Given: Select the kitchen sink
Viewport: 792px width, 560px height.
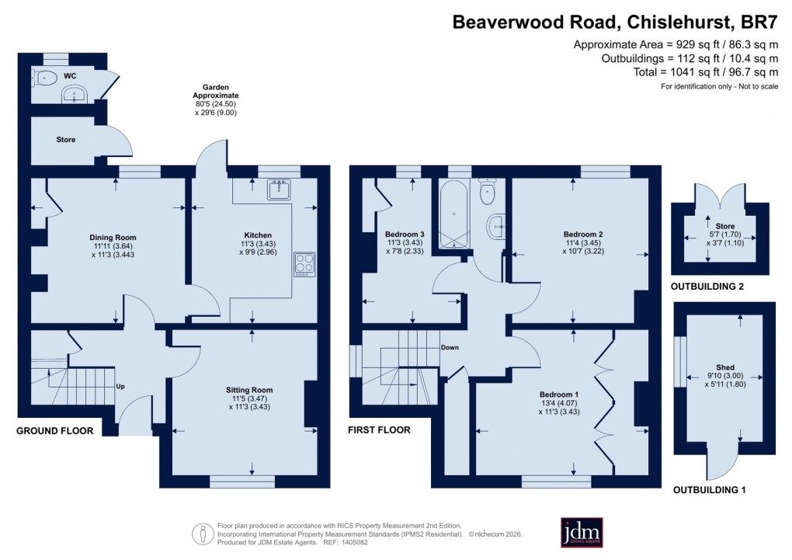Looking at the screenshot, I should (279, 189).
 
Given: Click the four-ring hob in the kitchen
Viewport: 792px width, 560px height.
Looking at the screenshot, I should (304, 265).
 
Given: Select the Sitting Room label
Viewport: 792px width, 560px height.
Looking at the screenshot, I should (249, 390).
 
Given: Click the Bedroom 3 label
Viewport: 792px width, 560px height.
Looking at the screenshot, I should (405, 234).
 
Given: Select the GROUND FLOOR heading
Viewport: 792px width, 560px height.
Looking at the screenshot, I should (55, 430).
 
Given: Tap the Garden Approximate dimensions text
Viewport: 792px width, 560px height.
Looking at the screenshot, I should (215, 99).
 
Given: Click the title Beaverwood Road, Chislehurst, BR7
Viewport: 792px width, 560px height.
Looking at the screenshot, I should (615, 22).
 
